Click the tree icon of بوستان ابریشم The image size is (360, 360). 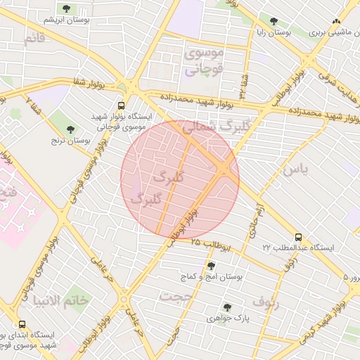click(x=66, y=9)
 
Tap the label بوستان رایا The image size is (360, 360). click(x=274, y=33)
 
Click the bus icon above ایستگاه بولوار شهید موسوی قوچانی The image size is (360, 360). click(x=122, y=103)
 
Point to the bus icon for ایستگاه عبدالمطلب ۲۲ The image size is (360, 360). click(x=299, y=237)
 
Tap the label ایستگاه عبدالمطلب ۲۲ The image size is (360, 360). click(x=299, y=248)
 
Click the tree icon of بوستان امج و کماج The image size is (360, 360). click(x=210, y=265)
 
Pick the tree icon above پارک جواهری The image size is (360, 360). click(x=226, y=307)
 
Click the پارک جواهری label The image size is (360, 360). click(x=226, y=319)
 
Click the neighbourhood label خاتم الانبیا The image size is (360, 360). click(x=60, y=300)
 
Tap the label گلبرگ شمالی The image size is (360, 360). click(x=210, y=127)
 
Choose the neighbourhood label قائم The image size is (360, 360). click(x=34, y=39)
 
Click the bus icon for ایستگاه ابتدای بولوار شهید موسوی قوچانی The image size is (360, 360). click(x=22, y=325)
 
